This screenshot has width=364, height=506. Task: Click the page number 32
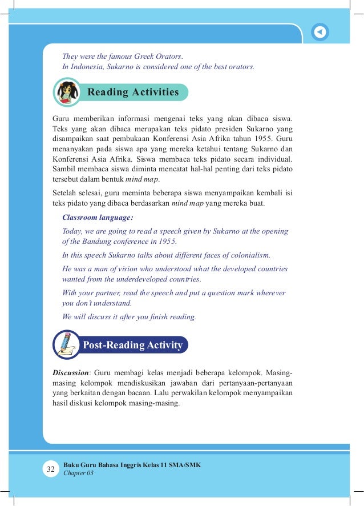pos(50,469)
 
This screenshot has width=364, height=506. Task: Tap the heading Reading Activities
pos(133,92)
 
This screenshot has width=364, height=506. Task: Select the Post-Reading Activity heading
pos(132,345)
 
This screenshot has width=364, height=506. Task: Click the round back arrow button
pos(321,32)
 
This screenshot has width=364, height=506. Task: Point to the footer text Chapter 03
pos(78,473)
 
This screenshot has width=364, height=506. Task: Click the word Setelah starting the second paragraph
pos(65,194)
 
